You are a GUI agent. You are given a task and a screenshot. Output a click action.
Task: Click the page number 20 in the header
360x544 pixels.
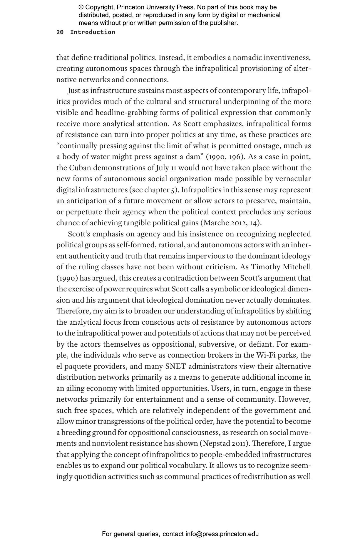60,32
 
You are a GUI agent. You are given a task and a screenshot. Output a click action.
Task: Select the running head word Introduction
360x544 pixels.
93,32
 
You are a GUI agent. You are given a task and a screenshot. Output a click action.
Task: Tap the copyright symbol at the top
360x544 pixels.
81,7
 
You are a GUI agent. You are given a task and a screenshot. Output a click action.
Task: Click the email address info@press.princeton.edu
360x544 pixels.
222,534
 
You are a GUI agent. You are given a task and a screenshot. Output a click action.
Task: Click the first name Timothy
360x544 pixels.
266,267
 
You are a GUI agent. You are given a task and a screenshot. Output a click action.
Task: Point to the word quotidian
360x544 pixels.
90,477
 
